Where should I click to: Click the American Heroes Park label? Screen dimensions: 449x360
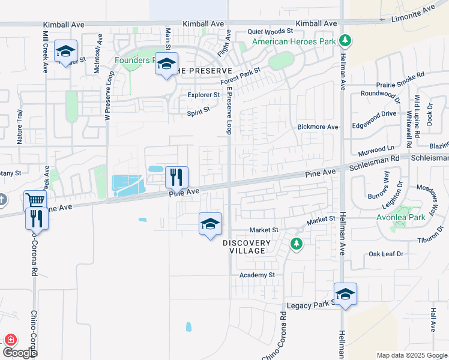coord(294,41)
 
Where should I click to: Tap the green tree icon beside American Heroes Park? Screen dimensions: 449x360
coord(345,41)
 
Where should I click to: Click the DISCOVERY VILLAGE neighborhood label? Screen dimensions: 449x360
coord(247,247)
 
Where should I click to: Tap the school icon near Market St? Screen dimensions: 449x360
coord(210,224)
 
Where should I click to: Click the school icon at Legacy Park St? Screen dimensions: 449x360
coord(345,295)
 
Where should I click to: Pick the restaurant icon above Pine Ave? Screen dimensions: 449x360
coord(176,177)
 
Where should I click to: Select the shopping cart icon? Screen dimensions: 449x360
coord(35,201)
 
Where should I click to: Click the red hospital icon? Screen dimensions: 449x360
coord(10,340)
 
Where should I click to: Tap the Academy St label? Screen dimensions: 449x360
coord(256,275)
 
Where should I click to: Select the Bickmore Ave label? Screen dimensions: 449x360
coord(318,127)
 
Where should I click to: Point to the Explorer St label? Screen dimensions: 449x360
coord(203,95)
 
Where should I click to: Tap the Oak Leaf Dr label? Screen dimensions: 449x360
coord(387,254)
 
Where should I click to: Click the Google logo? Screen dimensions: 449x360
coord(20,353)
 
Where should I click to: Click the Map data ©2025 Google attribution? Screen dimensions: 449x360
coord(411,355)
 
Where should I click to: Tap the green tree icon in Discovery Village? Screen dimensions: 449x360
coord(295,244)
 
